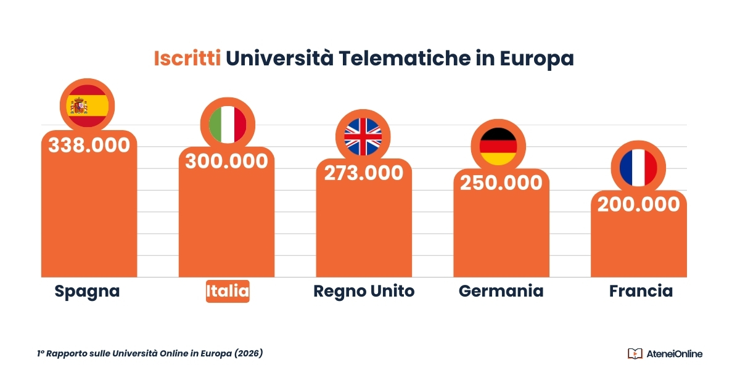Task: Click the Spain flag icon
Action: pos(88,106)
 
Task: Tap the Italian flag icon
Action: pos(227,123)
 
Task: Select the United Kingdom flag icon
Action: pos(363,136)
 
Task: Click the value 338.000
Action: pos(89,146)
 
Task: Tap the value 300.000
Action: pos(227,161)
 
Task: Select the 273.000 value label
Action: pos(364,173)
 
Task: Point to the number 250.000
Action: pos(501,183)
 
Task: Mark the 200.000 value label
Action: pos(639,204)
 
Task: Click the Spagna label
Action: pos(87,291)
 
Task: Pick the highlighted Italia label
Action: pos(228,291)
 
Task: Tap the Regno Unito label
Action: pos(364,291)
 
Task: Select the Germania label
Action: pos(501,291)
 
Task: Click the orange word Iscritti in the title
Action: pos(187,59)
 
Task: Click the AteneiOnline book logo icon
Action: pos(635,353)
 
